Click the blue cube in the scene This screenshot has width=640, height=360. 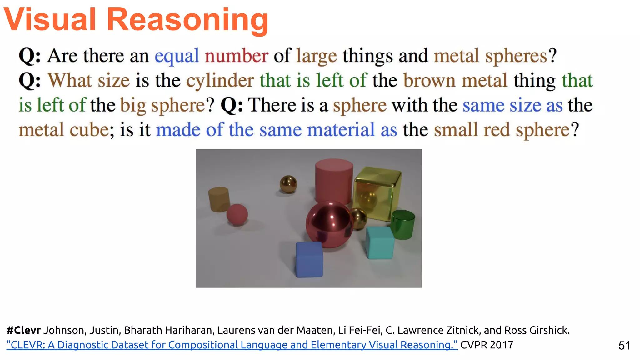coord(309,259)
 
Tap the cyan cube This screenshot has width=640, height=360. coord(380,243)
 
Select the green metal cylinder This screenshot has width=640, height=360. coord(403,225)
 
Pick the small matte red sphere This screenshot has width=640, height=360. coord(237,214)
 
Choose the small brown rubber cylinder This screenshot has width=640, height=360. coord(219,199)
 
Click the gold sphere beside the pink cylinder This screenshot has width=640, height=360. coord(288,184)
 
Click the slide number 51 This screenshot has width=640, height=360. coord(624,346)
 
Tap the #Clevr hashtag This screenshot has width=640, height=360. coord(24,330)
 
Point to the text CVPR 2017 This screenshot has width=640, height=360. coord(487,345)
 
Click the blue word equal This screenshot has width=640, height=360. coord(177,56)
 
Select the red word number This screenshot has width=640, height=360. coord(237,56)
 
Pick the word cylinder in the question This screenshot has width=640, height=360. coord(220,81)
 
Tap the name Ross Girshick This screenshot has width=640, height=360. coord(537,330)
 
